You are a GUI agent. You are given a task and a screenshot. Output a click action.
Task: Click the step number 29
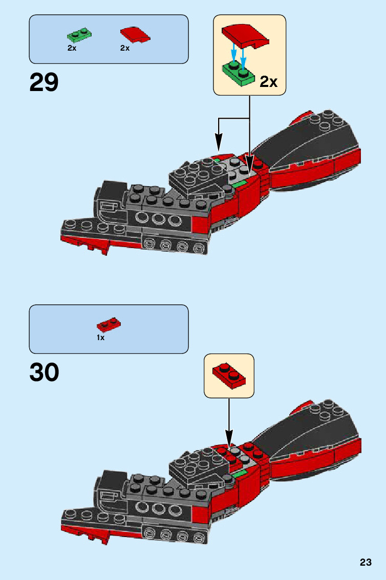44,82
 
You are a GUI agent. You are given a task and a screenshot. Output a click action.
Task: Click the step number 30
44,373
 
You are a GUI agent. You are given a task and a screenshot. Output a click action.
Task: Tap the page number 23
365,563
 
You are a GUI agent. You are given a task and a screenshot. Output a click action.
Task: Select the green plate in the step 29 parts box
79,35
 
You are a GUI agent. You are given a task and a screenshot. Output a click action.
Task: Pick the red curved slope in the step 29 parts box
136,34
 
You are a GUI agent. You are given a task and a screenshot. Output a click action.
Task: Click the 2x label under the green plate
72,48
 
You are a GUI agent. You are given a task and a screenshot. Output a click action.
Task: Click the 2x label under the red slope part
125,48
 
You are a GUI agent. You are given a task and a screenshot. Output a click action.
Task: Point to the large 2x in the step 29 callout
268,81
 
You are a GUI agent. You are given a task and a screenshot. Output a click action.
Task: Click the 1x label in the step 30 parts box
101,338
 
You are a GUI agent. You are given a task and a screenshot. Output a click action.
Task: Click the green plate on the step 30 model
239,475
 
